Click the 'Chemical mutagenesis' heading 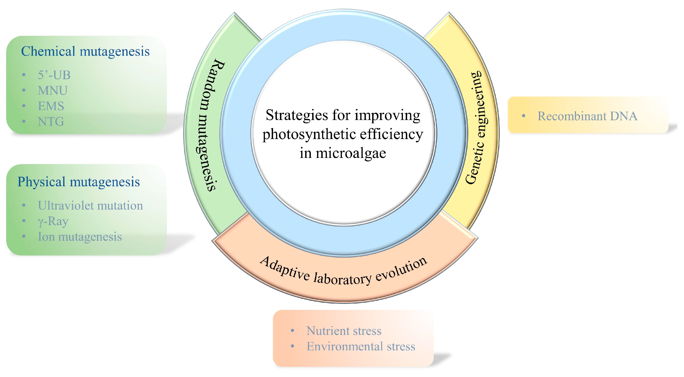pos(85,51)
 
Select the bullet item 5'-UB pos(54,75)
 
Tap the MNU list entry pos(53,91)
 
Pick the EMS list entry pos(51,106)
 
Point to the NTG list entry pos(51,122)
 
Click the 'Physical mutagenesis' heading pos(79,182)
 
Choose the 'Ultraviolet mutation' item pos(90,206)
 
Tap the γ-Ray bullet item pos(53,221)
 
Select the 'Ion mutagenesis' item pos(80,237)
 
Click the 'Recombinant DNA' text pos(587,116)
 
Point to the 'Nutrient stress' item pos(344,331)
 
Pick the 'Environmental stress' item pos(361,347)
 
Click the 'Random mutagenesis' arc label pos(211,125)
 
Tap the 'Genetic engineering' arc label pos(475,127)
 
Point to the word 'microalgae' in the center pos(351,153)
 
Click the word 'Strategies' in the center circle pos(295,115)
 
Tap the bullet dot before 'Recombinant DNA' pos(524,116)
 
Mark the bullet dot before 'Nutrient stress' pos(292,331)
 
